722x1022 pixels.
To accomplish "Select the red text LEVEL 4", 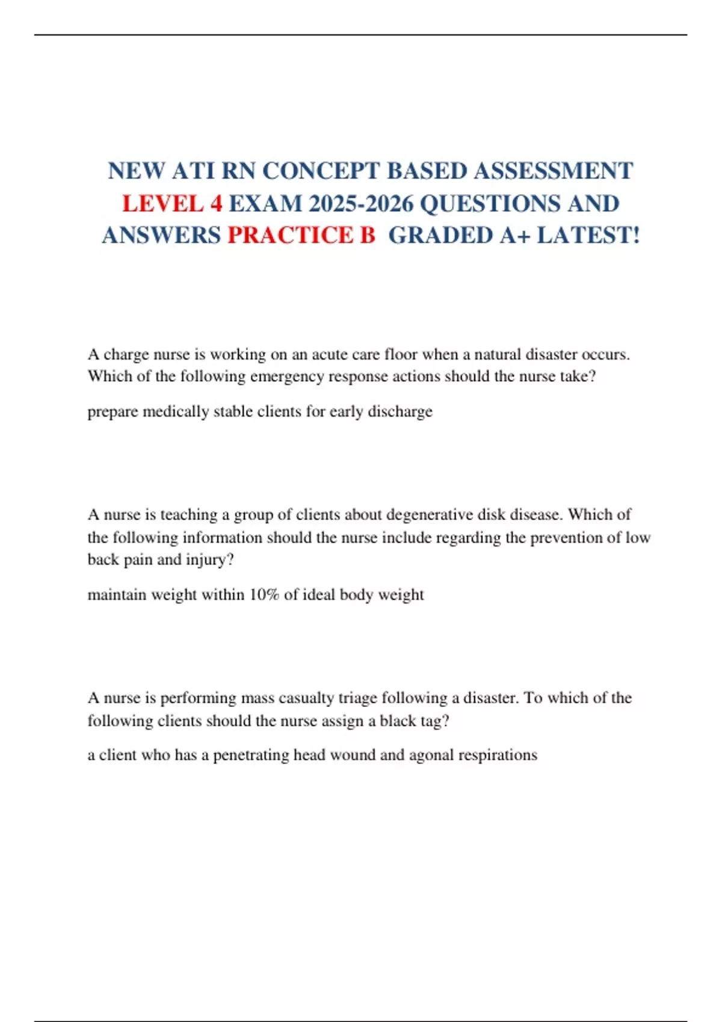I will coord(172,204).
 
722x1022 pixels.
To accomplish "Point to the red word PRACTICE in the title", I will coord(292,236).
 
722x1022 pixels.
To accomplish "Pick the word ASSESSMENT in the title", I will coord(553,171).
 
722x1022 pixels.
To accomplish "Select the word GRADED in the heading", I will coord(441,236).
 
